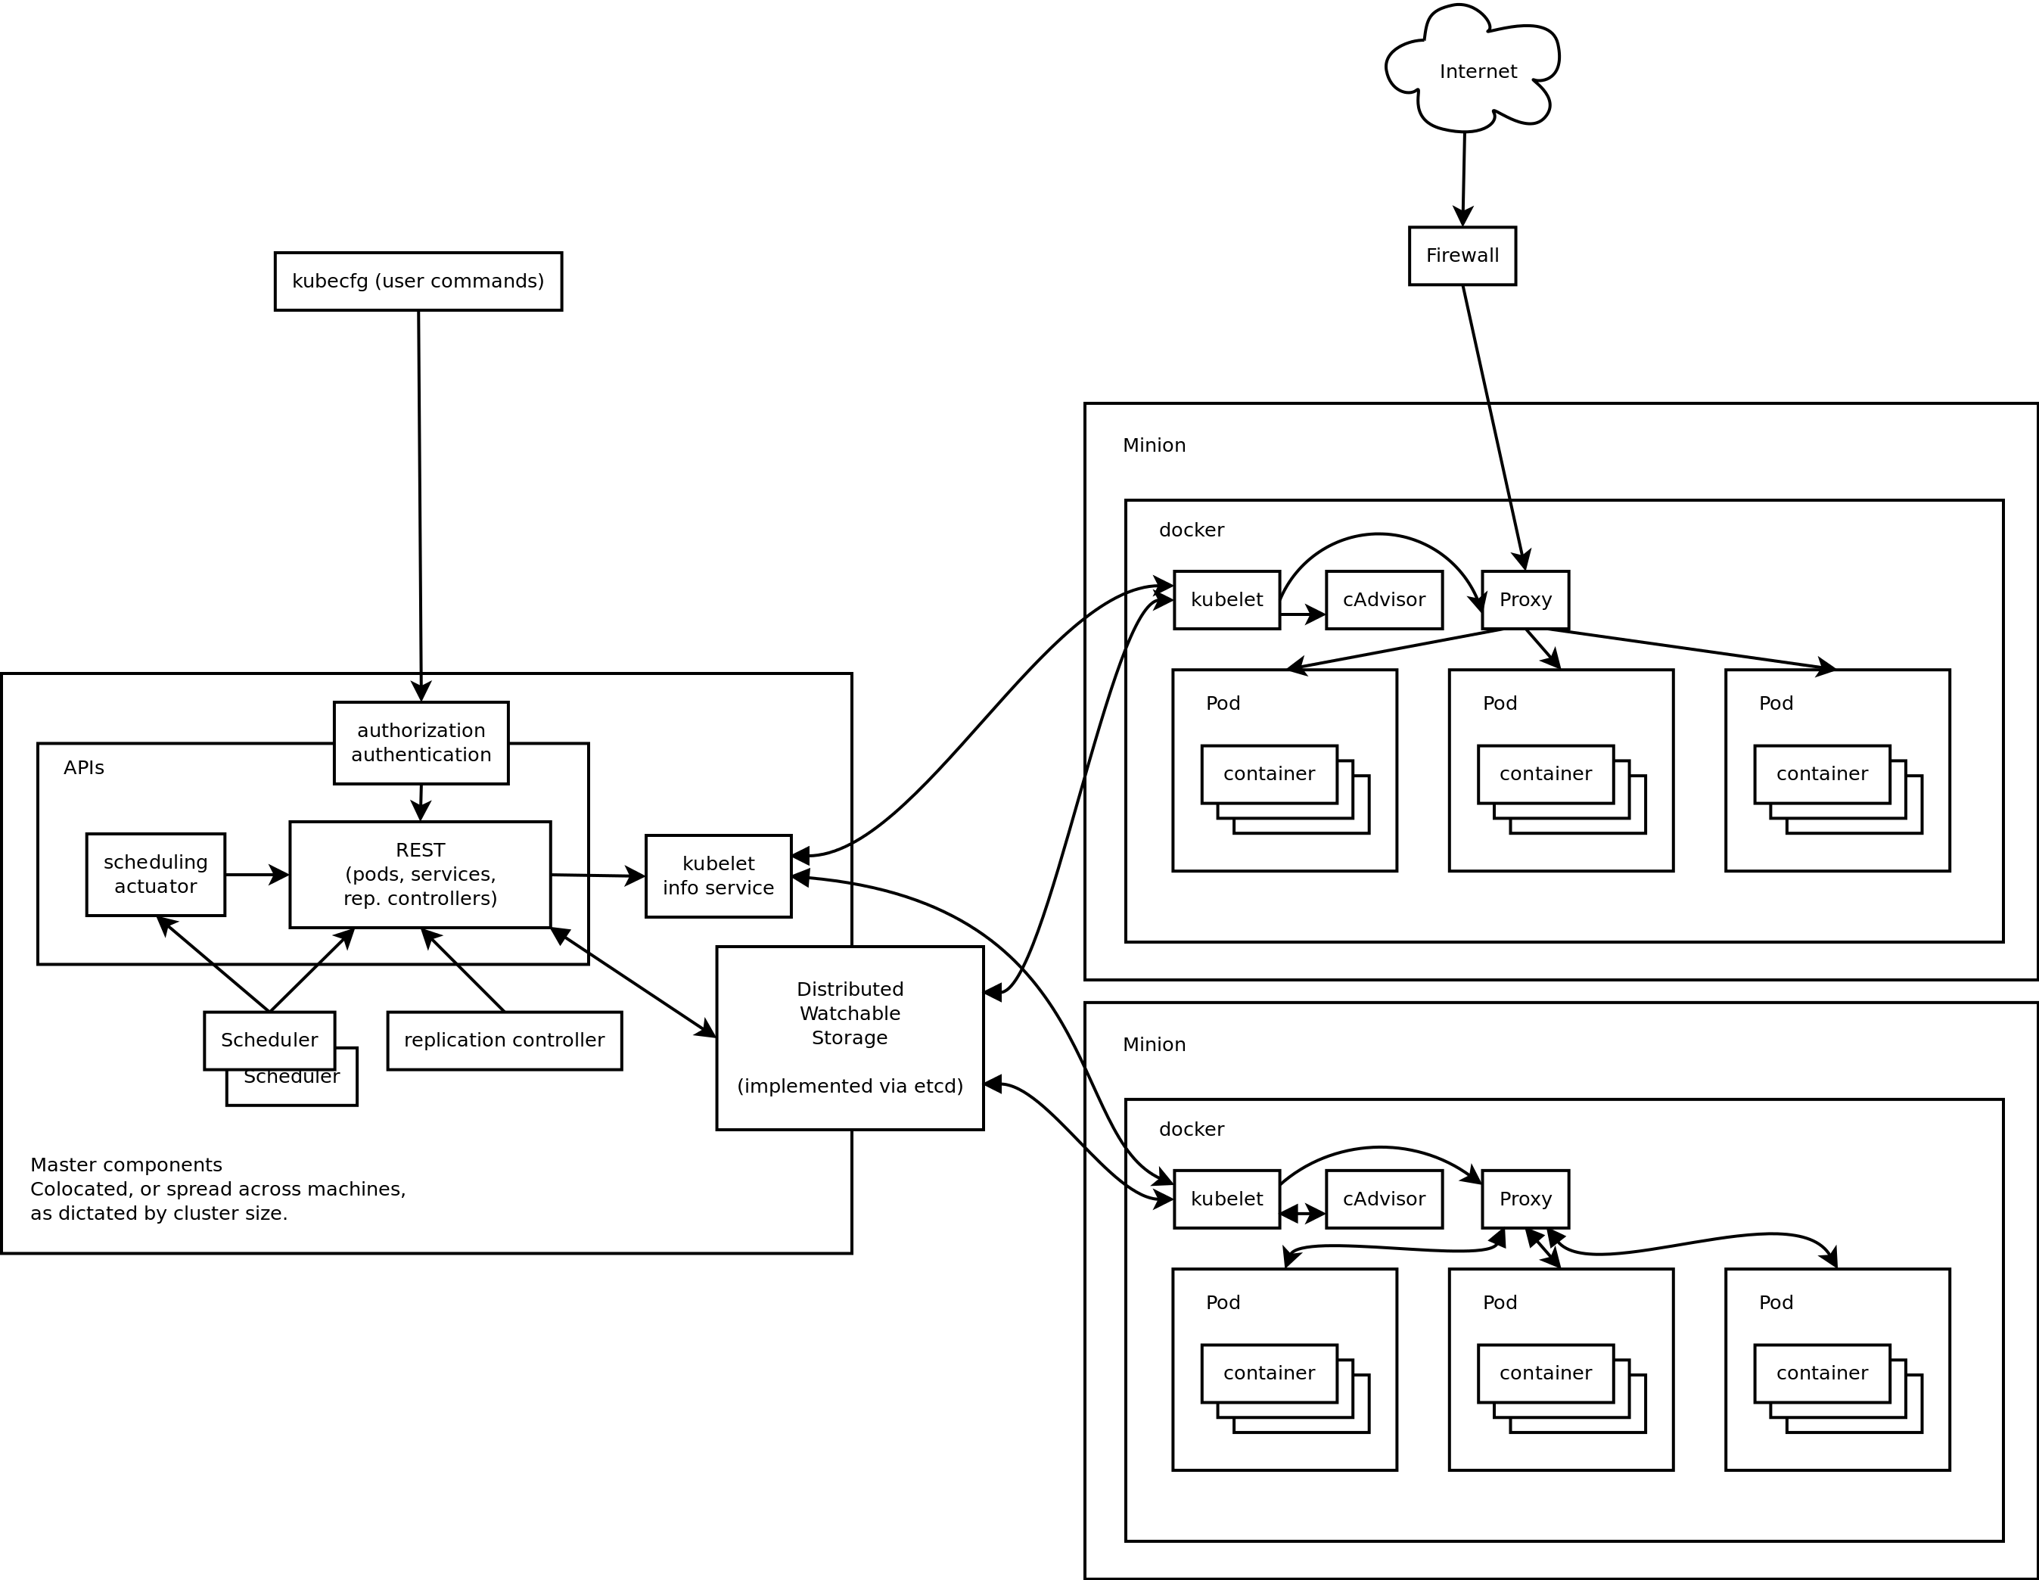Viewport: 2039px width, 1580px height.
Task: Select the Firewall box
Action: coord(1462,256)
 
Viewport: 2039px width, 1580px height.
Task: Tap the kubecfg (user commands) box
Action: coord(418,281)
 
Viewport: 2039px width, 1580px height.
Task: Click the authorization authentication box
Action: coord(421,743)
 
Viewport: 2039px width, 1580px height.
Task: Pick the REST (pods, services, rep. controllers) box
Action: coord(420,875)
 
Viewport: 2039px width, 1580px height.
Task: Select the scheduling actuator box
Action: coord(155,875)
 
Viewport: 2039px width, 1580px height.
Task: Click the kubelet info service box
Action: coord(718,876)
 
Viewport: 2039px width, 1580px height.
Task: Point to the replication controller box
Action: coord(504,1040)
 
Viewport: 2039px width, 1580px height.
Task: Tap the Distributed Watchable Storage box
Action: coord(850,1037)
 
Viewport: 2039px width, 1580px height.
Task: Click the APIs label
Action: coord(84,767)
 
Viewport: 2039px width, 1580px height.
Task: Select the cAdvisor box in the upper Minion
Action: coord(1384,599)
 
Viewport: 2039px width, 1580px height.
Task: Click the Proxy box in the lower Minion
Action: coord(1525,1199)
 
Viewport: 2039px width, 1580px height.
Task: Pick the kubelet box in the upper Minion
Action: coord(1226,599)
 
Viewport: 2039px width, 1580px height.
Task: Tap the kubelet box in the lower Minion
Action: coord(1226,1199)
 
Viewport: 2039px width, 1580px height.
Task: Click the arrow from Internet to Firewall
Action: coord(1463,177)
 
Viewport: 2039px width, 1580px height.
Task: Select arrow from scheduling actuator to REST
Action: coord(254,875)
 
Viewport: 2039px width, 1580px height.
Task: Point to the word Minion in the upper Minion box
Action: coord(1154,446)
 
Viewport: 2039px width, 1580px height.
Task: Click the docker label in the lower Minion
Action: coord(1192,1129)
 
